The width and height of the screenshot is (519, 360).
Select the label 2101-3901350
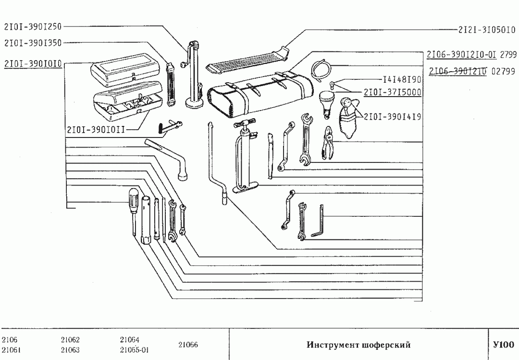[33, 43]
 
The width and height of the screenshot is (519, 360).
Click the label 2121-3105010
[486, 29]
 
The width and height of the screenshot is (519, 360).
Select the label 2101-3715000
[393, 92]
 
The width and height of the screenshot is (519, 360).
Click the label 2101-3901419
[393, 116]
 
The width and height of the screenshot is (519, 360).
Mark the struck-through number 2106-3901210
[458, 71]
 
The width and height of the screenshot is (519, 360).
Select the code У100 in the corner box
[503, 345]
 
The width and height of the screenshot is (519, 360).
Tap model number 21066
[188, 345]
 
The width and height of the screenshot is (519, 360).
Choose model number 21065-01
[134, 349]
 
